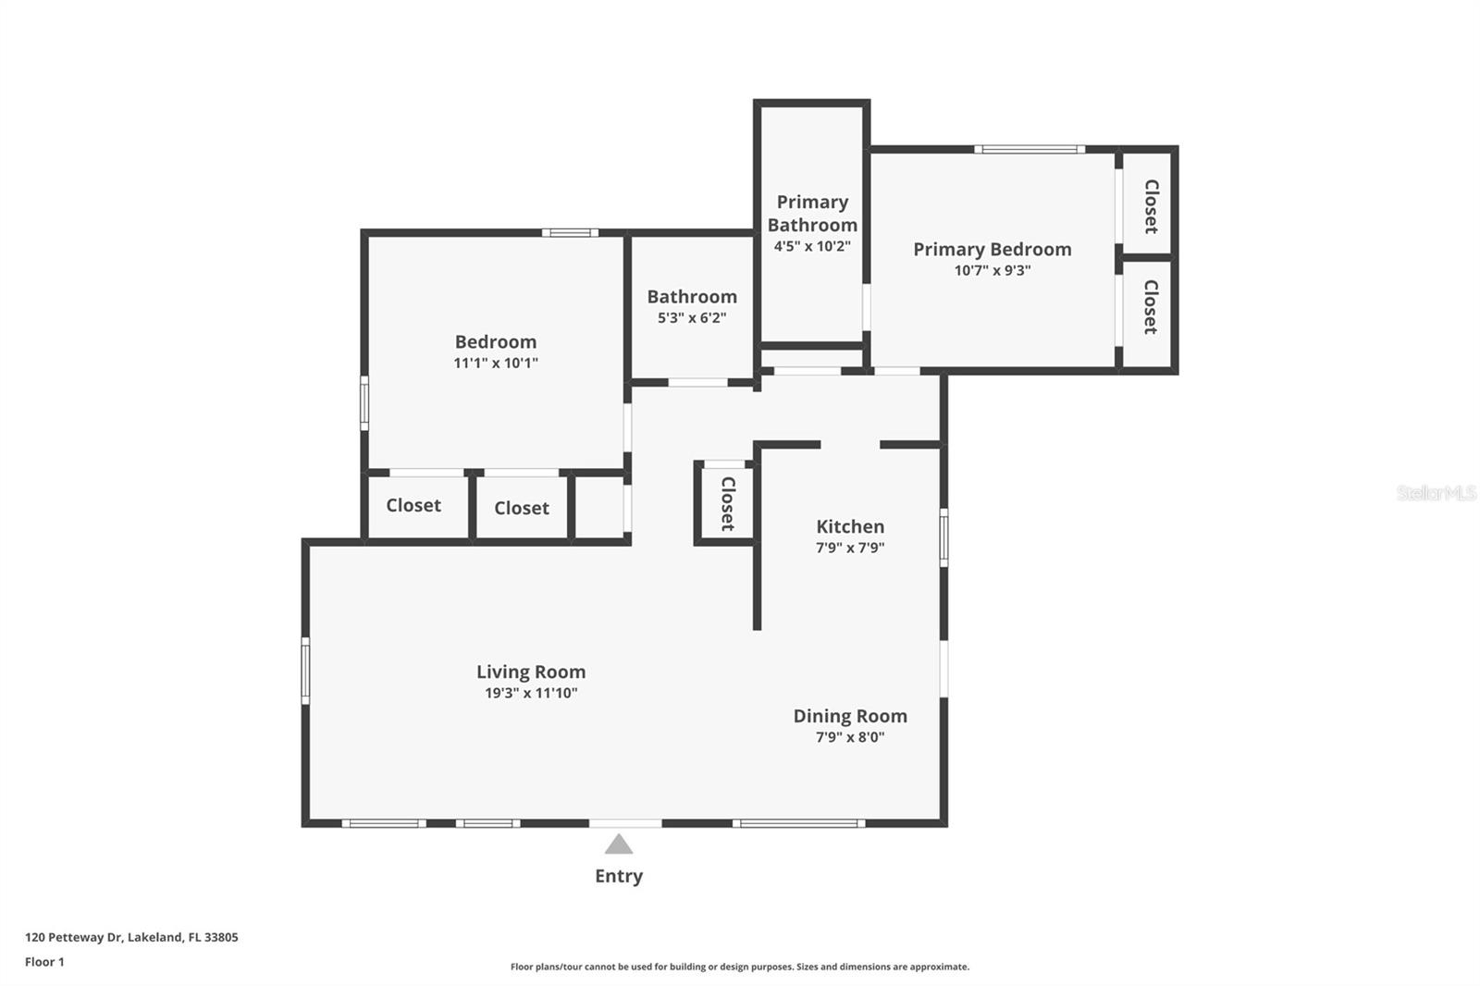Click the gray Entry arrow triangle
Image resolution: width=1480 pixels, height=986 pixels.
(618, 844)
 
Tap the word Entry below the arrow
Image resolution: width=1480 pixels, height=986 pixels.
(618, 876)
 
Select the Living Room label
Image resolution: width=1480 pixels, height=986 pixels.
(531, 672)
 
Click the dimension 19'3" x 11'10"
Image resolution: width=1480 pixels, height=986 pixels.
(531, 694)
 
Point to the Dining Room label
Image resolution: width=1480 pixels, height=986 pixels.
(849, 716)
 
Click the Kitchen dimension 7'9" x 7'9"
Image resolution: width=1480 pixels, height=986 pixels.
(849, 548)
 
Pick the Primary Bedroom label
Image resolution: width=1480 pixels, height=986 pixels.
(992, 249)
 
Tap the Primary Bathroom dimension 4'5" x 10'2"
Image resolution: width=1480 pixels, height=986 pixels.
(812, 246)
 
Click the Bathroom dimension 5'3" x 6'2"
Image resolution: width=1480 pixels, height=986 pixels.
(691, 318)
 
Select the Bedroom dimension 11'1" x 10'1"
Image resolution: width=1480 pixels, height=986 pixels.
(495, 364)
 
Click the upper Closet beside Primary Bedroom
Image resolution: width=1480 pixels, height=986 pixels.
(1151, 205)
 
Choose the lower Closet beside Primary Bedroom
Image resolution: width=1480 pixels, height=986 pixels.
(1150, 307)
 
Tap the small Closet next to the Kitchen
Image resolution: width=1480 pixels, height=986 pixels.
(727, 503)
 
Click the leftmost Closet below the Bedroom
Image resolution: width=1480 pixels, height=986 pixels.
(413, 505)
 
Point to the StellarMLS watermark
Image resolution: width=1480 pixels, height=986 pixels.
(1436, 493)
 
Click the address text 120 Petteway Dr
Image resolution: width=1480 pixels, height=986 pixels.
(131, 937)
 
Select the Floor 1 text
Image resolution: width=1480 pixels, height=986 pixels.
(44, 962)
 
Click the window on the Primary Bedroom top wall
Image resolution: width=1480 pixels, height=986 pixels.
(1029, 149)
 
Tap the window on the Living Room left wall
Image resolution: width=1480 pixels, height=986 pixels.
(305, 671)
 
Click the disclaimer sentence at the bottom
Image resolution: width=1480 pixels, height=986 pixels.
(739, 967)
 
